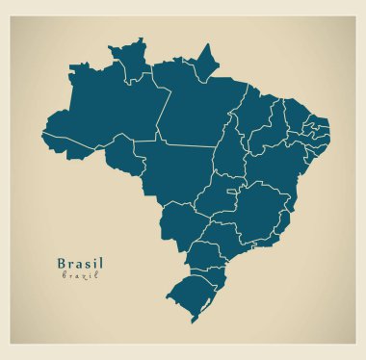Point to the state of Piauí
[270, 130]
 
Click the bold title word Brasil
[80, 262]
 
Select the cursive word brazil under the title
[80, 276]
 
